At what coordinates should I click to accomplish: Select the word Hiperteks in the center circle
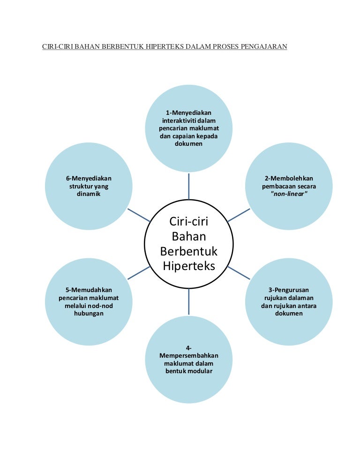point(188,266)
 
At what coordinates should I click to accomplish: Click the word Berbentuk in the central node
point(188,251)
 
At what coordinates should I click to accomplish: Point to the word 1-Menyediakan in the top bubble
point(189,113)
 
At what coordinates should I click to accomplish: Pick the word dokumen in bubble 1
point(189,144)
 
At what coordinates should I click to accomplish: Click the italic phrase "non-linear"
point(289,194)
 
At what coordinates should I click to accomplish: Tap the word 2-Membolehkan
point(289,178)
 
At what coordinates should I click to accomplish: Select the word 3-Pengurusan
point(289,290)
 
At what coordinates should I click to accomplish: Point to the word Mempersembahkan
point(189,355)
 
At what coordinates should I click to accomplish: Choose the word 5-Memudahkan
point(89,290)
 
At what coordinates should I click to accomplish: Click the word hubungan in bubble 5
point(89,314)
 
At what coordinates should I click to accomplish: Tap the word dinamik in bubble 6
point(89,194)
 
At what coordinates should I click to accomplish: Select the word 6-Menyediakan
point(89,178)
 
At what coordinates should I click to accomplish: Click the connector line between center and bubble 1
point(189,187)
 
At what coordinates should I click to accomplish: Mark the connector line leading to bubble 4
point(189,301)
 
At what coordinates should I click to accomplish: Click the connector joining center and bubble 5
point(139,273)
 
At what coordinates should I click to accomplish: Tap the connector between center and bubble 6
point(139,215)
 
